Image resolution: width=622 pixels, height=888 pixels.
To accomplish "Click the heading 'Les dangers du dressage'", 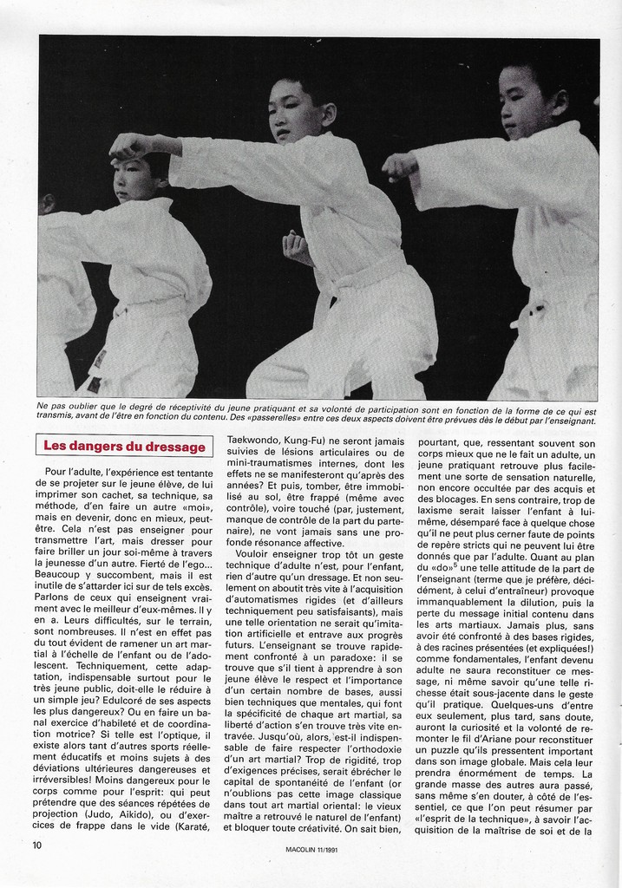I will [x=125, y=447].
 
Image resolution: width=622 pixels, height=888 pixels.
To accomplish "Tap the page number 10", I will [x=37, y=845].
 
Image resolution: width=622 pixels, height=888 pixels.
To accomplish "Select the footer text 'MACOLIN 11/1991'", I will [x=311, y=850].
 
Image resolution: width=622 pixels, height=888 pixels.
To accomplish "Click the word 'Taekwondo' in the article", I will [x=257, y=441].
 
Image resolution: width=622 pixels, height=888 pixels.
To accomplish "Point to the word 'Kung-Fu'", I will [x=318, y=441].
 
